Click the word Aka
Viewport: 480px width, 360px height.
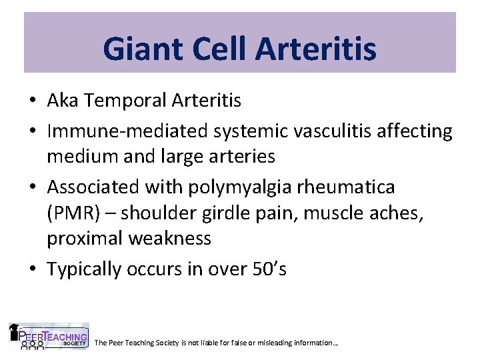(x=62, y=101)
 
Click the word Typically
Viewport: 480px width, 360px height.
(x=85, y=269)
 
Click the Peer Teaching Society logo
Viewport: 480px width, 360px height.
(x=48, y=337)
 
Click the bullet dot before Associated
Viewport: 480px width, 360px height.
(x=32, y=187)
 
